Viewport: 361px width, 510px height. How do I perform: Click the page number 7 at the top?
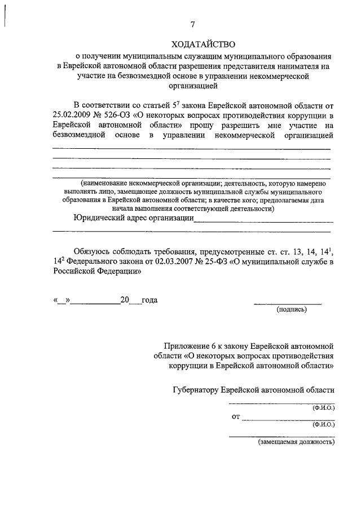click(192, 25)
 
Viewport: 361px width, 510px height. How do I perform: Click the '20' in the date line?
click(125, 300)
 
